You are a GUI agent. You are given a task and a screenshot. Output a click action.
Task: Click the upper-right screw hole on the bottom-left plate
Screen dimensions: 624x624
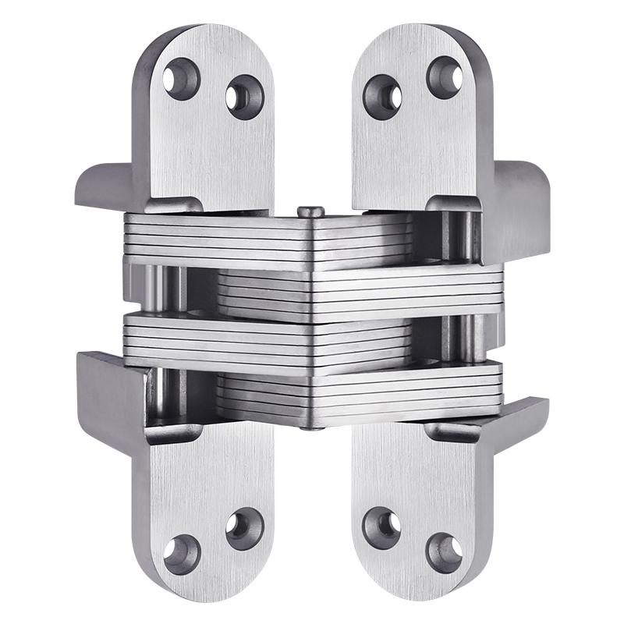pyautogui.click(x=244, y=528)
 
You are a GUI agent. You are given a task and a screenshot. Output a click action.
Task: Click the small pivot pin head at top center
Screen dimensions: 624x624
pyautogui.click(x=310, y=211)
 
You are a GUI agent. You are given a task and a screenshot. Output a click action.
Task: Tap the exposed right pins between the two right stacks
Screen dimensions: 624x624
pyautogui.click(x=460, y=335)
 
